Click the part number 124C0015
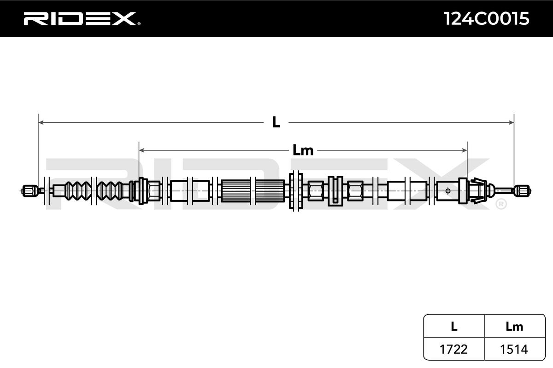[486, 18]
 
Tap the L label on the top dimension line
[276, 122]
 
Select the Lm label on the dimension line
[303, 150]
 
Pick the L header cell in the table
[454, 327]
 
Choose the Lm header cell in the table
[514, 327]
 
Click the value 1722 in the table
[454, 350]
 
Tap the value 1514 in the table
[514, 350]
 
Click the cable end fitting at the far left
[29, 190]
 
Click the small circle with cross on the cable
[448, 190]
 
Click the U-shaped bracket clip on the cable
[335, 190]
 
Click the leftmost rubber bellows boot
[77, 190]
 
